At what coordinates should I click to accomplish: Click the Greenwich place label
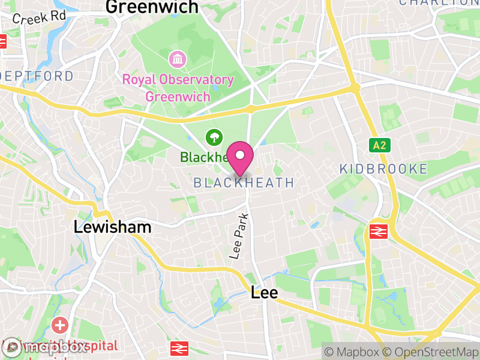pos(152,7)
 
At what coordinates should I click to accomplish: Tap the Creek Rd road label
pos(38,17)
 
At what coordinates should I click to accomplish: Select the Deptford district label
pos(37,76)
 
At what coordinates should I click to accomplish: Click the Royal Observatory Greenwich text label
pos(178,88)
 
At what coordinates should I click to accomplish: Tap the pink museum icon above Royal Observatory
pos(178,59)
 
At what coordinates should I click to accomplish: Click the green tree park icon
pos(213,138)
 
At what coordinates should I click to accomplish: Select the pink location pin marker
pos(241,157)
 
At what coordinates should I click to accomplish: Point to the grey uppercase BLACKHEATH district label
pos(244,182)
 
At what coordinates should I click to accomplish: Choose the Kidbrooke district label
pos(383,169)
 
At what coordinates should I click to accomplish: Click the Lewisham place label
pos(112,227)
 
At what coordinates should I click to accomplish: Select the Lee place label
pos(264,293)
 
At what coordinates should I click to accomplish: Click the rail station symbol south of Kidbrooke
pos(378,232)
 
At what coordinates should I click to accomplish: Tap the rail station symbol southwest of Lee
pos(178,348)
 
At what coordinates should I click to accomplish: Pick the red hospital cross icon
pos(59,326)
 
